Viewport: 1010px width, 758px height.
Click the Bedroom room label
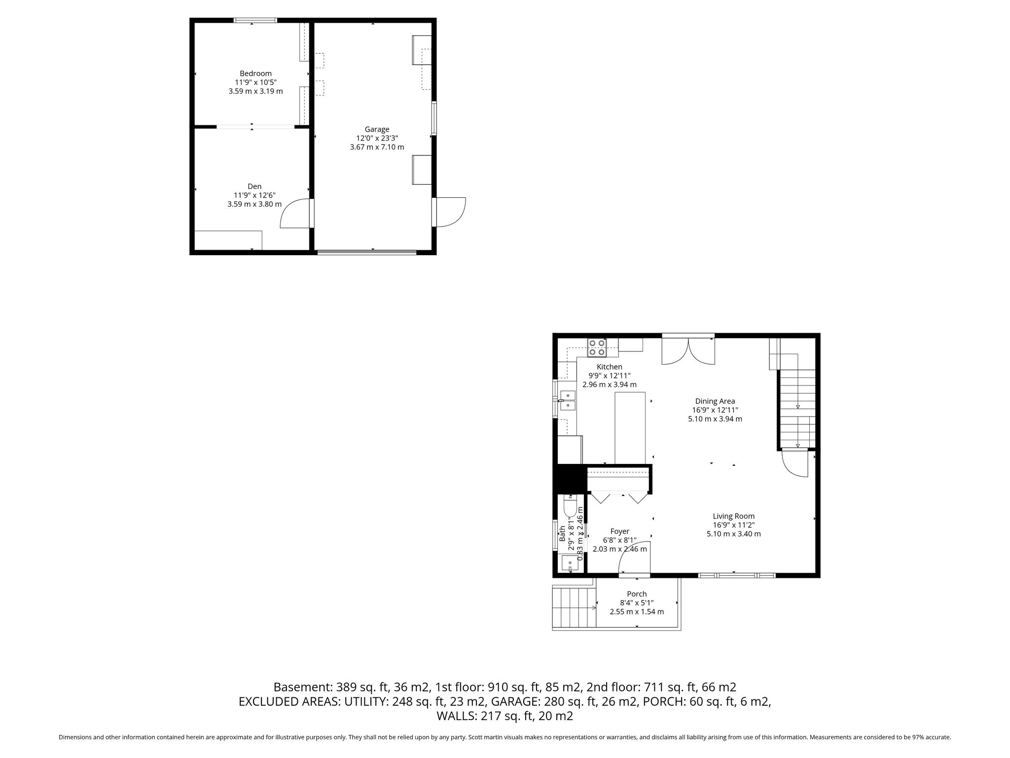(x=255, y=74)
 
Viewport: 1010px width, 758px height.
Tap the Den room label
(x=254, y=186)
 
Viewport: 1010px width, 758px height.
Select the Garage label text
(x=377, y=130)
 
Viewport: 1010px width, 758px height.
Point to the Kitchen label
(x=610, y=367)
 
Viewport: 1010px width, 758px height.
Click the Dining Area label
(x=715, y=401)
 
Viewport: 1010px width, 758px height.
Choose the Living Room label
(x=734, y=516)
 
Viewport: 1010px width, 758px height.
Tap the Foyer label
(x=620, y=531)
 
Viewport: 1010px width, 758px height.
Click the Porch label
(x=637, y=594)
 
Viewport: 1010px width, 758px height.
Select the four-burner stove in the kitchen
(x=597, y=347)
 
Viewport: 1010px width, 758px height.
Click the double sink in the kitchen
(x=568, y=400)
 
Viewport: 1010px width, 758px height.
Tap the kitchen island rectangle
(x=630, y=428)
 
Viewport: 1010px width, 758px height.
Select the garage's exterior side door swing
(x=449, y=212)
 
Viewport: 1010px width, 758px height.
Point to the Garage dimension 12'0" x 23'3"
(x=377, y=138)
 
